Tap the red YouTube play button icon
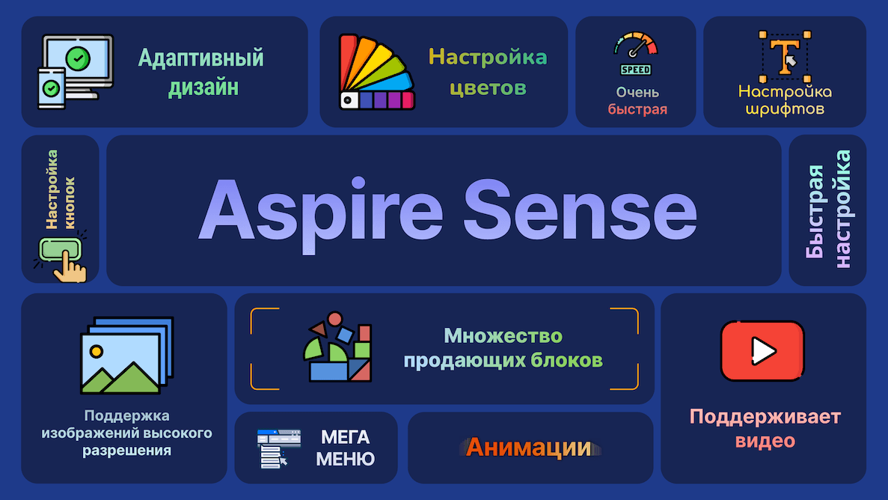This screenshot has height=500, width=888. pyautogui.click(x=762, y=351)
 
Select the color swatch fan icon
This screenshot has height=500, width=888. pyautogui.click(x=376, y=73)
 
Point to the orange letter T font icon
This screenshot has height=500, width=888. pyautogui.click(x=785, y=57)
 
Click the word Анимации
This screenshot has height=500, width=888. pyautogui.click(x=529, y=448)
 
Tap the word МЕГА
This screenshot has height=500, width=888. pyautogui.click(x=346, y=437)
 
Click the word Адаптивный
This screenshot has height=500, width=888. pyautogui.click(x=201, y=58)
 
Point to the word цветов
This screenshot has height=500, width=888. pyautogui.click(x=487, y=88)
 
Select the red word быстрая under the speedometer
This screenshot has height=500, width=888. pyautogui.click(x=637, y=109)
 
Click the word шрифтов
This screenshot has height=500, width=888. pyautogui.click(x=785, y=109)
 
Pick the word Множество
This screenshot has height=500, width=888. pyautogui.click(x=503, y=335)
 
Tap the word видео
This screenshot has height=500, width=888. pyautogui.click(x=765, y=441)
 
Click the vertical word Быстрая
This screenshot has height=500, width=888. pyautogui.click(x=815, y=213)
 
